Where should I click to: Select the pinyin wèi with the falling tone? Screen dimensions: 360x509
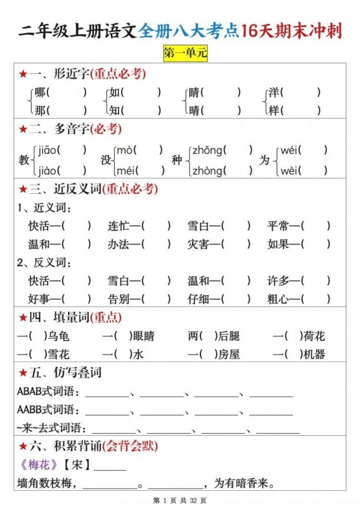point(291,171)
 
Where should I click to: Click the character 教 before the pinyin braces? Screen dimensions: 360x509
point(24,160)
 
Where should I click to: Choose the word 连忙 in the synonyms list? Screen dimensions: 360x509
point(119,226)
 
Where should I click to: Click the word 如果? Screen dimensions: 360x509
point(279,244)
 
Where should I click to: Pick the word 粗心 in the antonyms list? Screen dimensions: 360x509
point(279,299)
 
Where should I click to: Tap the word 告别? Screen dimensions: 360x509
point(119,299)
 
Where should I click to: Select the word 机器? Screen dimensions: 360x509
point(314,354)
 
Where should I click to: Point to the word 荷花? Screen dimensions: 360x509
point(314,336)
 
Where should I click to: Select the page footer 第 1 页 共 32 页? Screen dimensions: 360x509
point(180,501)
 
